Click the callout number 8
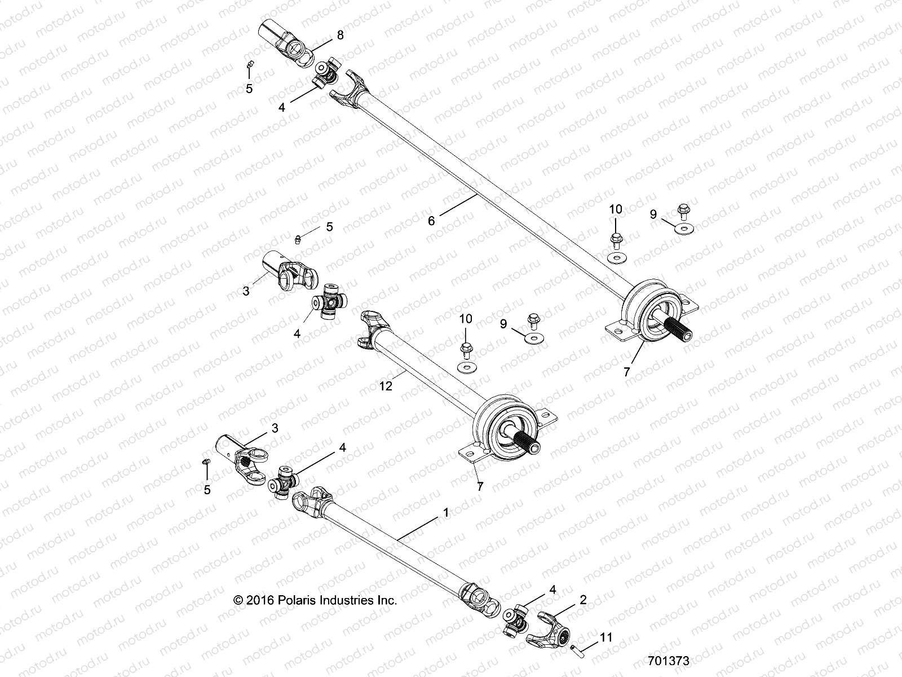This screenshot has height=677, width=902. point(340,35)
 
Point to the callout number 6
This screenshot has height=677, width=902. point(431,221)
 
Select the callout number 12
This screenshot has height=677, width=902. point(386,386)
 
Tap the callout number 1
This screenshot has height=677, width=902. point(446,513)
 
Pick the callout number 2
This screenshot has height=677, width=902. point(583,600)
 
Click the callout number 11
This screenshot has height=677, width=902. point(605,638)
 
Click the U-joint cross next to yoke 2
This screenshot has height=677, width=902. point(516,619)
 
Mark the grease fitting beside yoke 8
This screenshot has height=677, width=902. point(250,64)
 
